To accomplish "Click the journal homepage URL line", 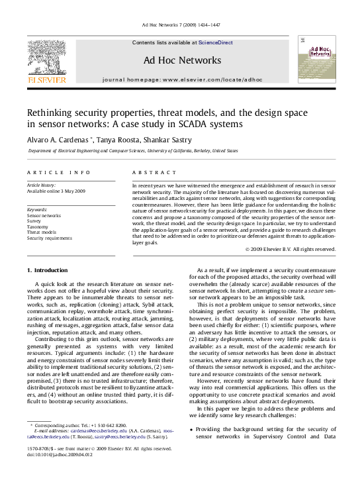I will coord(182,79).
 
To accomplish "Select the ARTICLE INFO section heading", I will coord(58,172).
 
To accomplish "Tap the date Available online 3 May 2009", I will coord(56,191).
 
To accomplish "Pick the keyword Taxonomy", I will coord(37,226).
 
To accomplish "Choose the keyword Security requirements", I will coord(50,238).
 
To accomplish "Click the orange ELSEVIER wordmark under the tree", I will coord(46,80).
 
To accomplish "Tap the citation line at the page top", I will coord(179,25).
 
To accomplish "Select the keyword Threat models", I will coord(42,232).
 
